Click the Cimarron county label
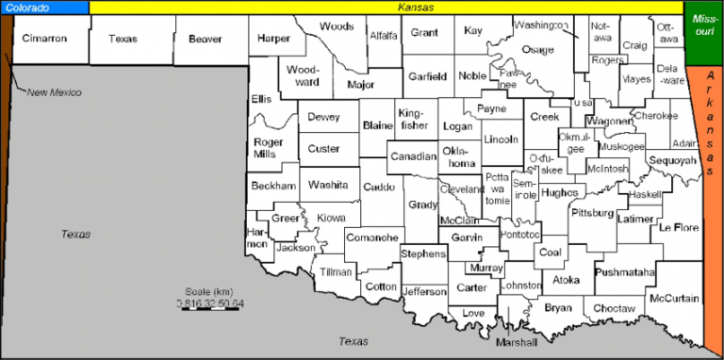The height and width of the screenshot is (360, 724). (x=46, y=39)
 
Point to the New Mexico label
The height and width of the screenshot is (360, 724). (x=54, y=92)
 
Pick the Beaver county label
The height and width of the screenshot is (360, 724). (x=205, y=39)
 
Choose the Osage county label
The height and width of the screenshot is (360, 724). (x=537, y=49)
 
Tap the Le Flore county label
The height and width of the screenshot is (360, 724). (x=678, y=227)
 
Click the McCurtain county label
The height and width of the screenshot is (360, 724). (x=676, y=298)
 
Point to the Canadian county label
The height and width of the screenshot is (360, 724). (x=411, y=155)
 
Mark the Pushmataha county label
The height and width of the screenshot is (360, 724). (x=625, y=272)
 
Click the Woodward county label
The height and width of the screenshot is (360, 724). (x=304, y=76)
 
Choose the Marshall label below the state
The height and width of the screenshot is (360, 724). (x=517, y=341)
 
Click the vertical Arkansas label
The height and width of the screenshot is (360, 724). (x=714, y=156)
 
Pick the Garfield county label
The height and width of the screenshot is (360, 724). (x=426, y=75)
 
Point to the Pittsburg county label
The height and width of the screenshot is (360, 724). (x=592, y=213)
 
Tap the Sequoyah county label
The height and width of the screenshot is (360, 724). (x=671, y=160)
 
